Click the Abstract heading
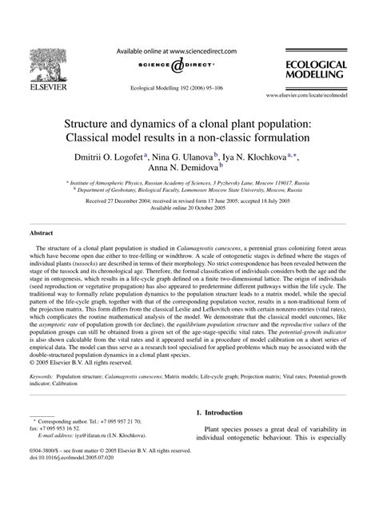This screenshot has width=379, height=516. (41, 234)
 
